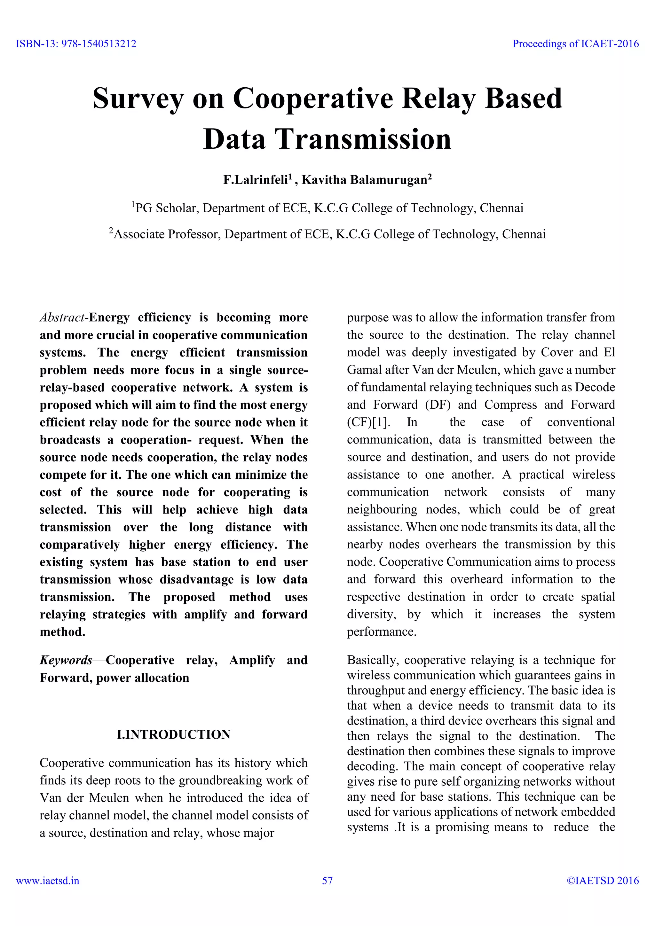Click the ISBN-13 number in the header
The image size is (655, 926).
76,43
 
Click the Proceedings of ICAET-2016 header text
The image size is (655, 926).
576,43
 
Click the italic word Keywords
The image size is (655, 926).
66,660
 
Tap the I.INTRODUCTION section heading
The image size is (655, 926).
173,734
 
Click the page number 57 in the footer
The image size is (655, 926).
327,880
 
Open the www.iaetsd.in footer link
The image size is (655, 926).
48,880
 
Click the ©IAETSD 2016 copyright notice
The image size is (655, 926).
603,880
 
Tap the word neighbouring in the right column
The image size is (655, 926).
382,509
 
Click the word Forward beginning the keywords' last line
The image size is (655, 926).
66,678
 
